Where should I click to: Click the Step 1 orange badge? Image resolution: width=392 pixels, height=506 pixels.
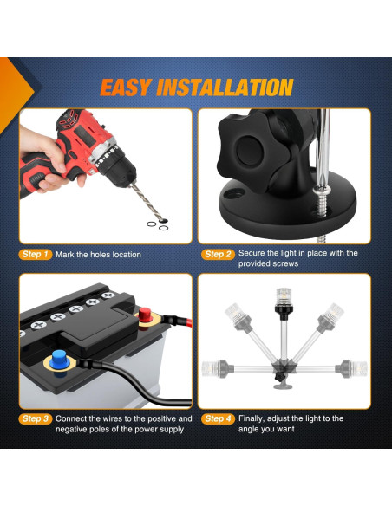click(x=36, y=254)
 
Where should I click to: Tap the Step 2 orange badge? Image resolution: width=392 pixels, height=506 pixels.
click(x=218, y=254)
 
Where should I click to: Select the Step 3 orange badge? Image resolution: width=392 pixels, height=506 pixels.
click(x=36, y=418)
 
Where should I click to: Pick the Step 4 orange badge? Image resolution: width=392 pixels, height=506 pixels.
click(x=218, y=418)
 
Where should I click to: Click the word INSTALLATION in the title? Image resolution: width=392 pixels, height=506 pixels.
click(x=225, y=88)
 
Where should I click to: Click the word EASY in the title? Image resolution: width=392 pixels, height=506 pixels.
click(x=126, y=88)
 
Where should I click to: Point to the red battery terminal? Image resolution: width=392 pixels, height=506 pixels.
click(x=145, y=315)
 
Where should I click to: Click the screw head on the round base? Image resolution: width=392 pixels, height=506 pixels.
click(x=322, y=191)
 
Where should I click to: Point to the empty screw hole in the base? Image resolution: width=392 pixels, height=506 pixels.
click(x=234, y=193)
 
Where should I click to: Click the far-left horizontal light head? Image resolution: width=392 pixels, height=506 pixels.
click(x=215, y=368)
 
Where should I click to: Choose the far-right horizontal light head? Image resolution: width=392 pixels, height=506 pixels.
click(x=351, y=368)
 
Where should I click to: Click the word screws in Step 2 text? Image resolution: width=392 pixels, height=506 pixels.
click(x=285, y=263)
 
